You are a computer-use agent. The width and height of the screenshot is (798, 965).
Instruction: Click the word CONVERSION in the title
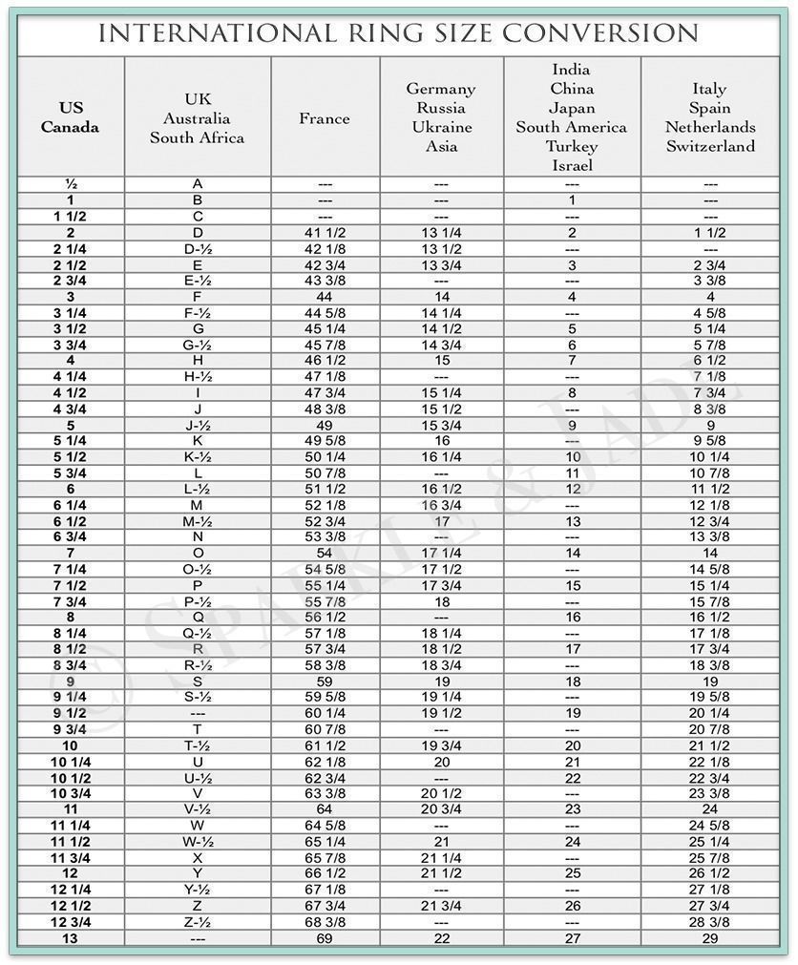[600, 33]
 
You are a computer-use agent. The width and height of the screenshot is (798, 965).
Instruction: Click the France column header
[325, 118]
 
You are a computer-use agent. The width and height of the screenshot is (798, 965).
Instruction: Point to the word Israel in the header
[572, 165]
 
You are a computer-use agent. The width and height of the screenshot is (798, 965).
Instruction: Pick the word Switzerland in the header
[710, 146]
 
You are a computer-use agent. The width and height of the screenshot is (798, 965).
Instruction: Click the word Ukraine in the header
[441, 127]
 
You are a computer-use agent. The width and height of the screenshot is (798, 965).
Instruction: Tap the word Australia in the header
[197, 118]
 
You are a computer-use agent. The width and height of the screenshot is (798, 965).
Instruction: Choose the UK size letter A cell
[198, 183]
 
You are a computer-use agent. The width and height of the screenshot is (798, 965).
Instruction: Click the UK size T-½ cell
[198, 745]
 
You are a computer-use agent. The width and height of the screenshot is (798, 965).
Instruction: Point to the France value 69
[325, 938]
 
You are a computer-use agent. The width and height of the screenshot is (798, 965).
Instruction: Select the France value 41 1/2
[325, 232]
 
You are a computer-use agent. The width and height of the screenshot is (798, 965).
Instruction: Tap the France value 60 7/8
[325, 729]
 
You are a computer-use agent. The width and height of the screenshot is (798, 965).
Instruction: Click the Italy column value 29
[710, 938]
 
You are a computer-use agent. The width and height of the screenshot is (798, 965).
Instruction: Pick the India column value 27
[572, 938]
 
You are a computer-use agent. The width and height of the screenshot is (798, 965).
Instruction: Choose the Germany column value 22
[441, 938]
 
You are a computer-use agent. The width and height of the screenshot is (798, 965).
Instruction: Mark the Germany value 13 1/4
[441, 232]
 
